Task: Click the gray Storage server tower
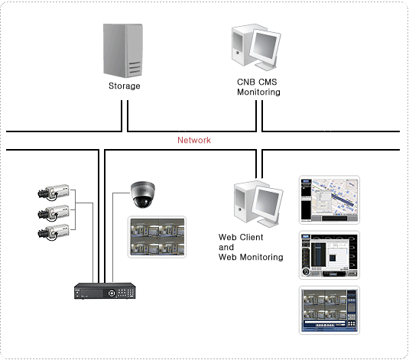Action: point(123,50)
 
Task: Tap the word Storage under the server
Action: point(125,86)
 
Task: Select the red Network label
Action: point(194,140)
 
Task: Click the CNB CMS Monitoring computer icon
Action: point(256,47)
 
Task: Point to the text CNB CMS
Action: point(257,82)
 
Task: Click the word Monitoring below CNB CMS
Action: point(258,92)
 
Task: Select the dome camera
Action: point(143,194)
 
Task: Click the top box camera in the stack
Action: point(54,193)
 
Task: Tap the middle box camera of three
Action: point(54,213)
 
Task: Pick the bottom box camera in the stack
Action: point(54,232)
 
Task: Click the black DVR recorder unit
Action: point(105,291)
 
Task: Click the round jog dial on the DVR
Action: point(112,294)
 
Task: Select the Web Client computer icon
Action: point(258,204)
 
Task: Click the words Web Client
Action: point(241,237)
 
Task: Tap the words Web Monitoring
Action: point(251,257)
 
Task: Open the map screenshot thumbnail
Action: point(329,199)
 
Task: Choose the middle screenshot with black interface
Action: point(329,255)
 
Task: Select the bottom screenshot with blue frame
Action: point(329,310)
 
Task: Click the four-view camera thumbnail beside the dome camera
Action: point(157,237)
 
